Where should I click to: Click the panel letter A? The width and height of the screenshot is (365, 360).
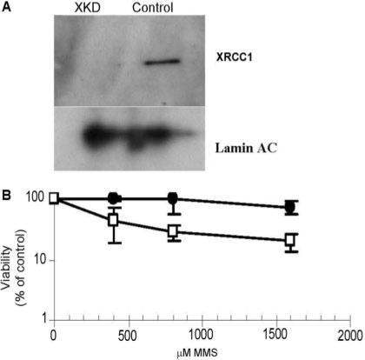click(x=7, y=7)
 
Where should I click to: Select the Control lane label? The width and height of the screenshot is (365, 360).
click(x=153, y=9)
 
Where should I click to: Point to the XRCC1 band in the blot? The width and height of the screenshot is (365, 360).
click(x=162, y=63)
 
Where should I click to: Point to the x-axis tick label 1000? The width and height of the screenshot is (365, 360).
click(x=202, y=334)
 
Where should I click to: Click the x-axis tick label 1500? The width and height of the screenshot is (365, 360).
click(x=275, y=334)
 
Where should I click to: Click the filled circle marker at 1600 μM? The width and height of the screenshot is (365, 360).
click(x=290, y=208)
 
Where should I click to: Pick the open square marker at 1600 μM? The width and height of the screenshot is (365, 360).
click(x=290, y=240)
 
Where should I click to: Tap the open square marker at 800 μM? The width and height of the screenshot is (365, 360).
click(x=173, y=230)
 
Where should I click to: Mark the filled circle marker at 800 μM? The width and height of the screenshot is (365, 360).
click(x=173, y=198)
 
